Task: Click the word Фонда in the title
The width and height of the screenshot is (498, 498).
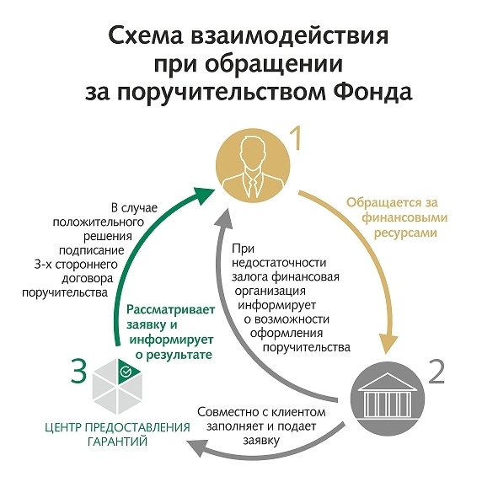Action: click(372, 93)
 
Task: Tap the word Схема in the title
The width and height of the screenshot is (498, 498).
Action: click(146, 36)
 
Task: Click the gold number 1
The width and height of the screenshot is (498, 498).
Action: click(297, 138)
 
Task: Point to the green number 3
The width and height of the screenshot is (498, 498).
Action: click(78, 371)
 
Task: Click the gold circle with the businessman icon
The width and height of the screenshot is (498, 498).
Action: click(253, 165)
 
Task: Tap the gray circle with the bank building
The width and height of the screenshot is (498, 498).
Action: click(388, 399)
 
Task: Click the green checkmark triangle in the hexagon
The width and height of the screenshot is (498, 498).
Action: click(126, 371)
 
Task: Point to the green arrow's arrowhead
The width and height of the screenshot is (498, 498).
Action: click(204, 195)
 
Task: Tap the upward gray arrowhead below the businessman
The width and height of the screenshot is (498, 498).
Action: click(224, 218)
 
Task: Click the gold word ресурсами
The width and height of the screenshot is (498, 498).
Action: click(405, 233)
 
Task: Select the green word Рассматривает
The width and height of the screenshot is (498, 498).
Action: click(171, 310)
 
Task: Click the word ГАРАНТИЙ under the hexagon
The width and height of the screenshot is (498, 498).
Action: click(117, 442)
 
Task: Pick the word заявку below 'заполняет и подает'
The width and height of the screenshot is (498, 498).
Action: click(261, 441)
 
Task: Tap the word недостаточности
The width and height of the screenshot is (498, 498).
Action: click(279, 263)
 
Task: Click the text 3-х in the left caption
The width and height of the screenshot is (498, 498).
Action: click(43, 265)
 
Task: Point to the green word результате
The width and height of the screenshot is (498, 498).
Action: click(174, 355)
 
